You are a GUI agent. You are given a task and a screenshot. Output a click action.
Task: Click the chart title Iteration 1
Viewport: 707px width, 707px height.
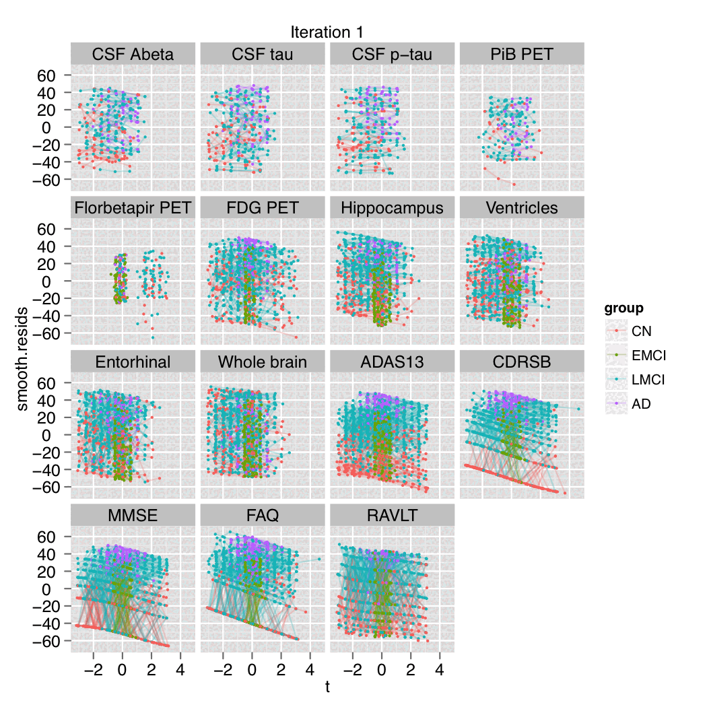pos(327,32)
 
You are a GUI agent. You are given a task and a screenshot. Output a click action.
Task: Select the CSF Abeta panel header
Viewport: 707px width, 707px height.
pos(133,55)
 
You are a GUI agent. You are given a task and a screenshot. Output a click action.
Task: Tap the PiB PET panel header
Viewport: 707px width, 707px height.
pos(522,55)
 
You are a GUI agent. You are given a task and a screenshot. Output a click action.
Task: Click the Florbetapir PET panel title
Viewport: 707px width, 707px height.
pos(133,208)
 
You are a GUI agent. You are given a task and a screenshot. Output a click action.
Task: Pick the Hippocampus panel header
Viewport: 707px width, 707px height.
pos(392,208)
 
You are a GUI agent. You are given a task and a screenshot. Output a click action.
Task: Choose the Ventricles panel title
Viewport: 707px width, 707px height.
pos(522,208)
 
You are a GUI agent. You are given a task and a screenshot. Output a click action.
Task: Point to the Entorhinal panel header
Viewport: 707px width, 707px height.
pos(133,362)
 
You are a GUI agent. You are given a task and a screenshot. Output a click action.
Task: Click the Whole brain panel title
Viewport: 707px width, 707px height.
pos(263,362)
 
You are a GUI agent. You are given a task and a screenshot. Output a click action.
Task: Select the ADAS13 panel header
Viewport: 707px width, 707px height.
pos(392,362)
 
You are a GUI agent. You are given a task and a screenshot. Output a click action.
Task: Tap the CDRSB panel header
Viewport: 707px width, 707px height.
pos(522,362)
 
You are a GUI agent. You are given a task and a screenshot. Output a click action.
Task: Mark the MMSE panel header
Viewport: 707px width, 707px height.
pos(133,516)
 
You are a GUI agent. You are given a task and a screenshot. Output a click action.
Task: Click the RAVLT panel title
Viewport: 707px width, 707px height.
pos(392,516)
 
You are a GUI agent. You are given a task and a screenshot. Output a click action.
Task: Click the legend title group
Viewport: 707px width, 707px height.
pos(624,309)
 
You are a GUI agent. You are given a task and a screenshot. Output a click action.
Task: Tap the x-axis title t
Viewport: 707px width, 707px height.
pos(327,687)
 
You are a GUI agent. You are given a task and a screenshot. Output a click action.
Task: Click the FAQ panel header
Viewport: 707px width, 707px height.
pos(263,516)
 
